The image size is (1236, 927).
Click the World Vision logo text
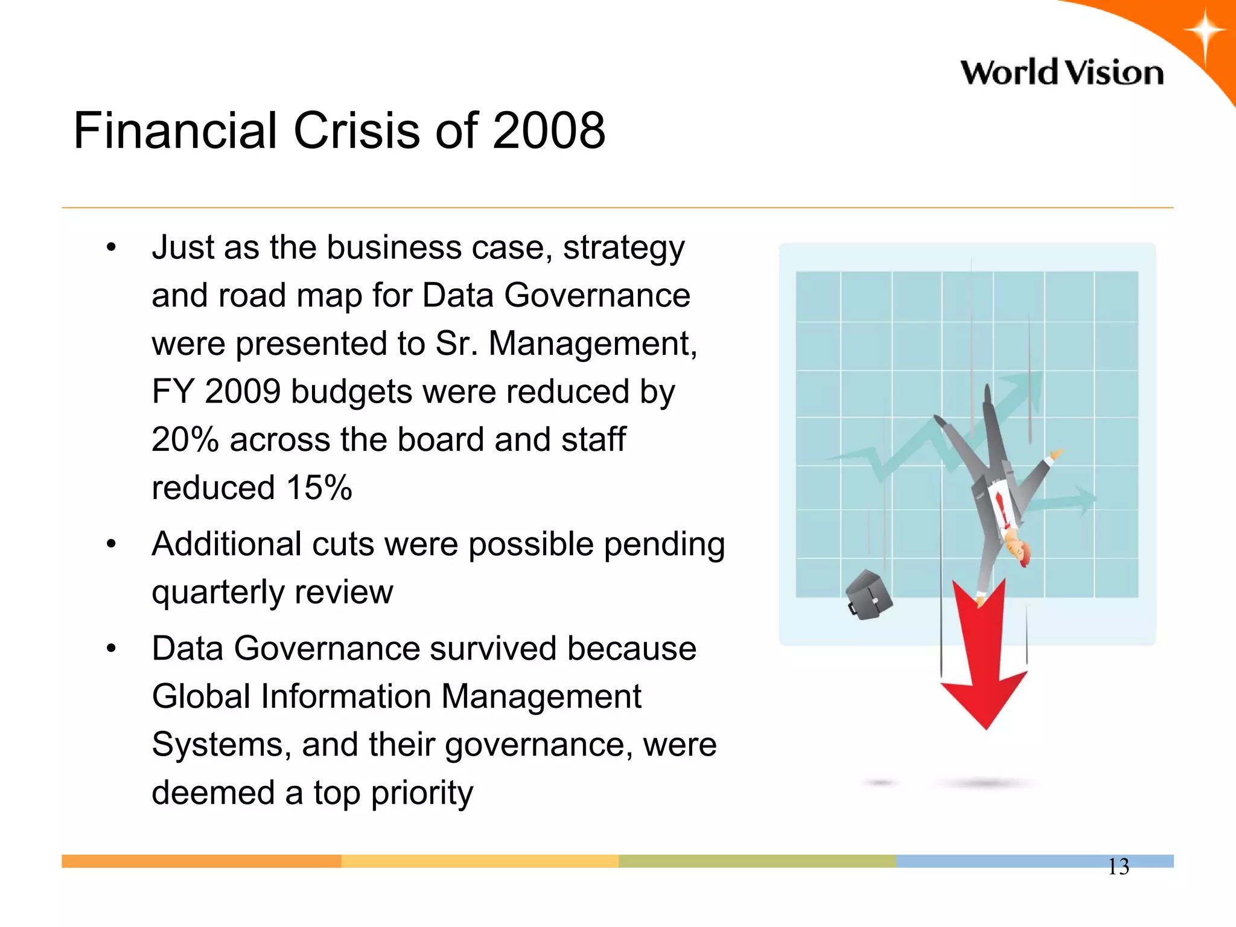click(x=1062, y=72)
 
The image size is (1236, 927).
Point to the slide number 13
click(x=1118, y=867)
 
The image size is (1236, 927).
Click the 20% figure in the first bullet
click(x=185, y=439)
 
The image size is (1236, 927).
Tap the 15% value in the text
click(x=319, y=488)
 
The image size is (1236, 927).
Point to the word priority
click(x=422, y=792)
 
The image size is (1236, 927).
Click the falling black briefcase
click(x=869, y=595)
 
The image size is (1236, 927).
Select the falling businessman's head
click(x=1019, y=550)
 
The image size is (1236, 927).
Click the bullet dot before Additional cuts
click(x=111, y=544)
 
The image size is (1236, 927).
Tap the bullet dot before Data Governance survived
click(x=111, y=649)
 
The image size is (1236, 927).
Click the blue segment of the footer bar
click(x=996, y=861)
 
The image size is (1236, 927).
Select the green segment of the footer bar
click(x=757, y=861)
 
